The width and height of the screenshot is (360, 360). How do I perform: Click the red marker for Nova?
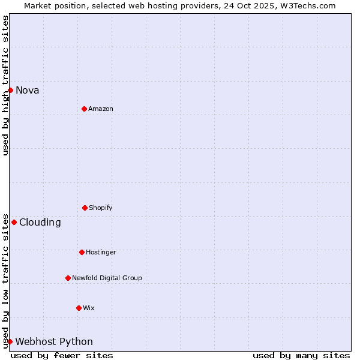point(10,90)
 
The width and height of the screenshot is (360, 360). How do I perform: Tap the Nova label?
point(28,91)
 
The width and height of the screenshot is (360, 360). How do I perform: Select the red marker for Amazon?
point(84,109)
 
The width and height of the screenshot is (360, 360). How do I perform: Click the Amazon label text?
point(101,109)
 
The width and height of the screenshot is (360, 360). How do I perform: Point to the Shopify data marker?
point(85,208)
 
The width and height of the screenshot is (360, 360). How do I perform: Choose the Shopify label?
point(101,208)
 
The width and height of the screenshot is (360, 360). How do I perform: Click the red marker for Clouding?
point(14,222)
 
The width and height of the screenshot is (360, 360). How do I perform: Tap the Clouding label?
point(40,223)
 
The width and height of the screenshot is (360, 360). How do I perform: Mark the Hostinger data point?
point(82,252)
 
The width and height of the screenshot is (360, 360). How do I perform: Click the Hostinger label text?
point(101,253)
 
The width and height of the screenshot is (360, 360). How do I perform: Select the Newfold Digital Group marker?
point(68,278)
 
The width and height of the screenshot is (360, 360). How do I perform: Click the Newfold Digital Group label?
point(107,278)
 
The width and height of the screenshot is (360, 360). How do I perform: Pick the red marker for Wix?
point(79,308)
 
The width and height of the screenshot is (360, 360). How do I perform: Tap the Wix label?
point(89,308)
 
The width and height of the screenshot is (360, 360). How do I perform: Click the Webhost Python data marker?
point(10,341)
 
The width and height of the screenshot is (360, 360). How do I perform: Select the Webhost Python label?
point(54,342)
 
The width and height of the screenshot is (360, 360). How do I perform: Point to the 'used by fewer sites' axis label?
point(62,355)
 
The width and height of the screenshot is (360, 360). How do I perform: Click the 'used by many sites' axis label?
point(301,355)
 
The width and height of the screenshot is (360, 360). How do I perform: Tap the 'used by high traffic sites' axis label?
point(5,85)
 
